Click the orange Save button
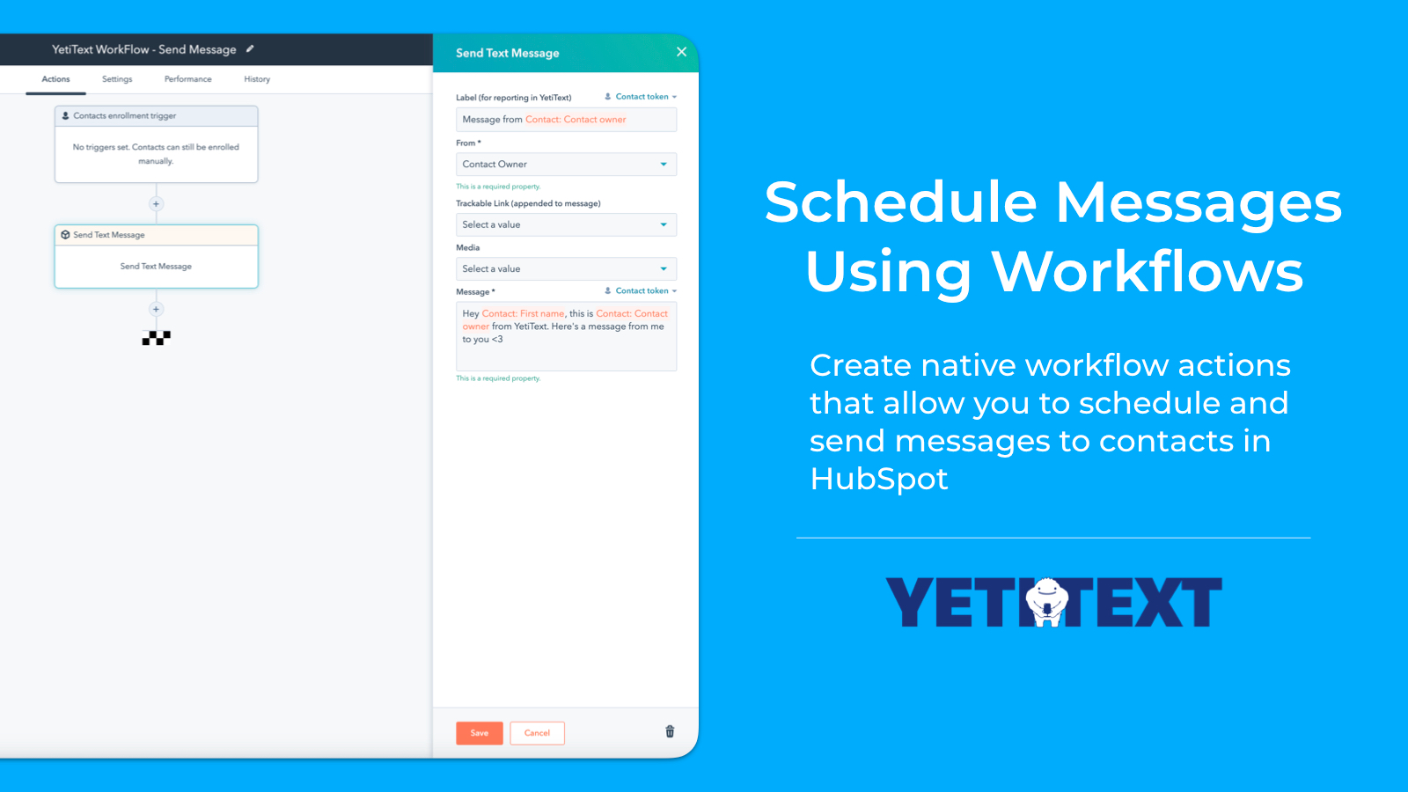coord(479,733)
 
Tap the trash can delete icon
coord(670,731)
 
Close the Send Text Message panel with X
coord(681,52)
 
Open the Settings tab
coord(117,79)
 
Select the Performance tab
coord(187,79)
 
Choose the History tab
coord(257,79)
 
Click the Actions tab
coord(55,79)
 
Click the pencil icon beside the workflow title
coord(250,49)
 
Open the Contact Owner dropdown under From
coord(566,165)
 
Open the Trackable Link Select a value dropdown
coord(566,225)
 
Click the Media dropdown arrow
coord(664,269)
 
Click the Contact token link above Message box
coord(642,291)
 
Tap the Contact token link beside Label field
coord(642,97)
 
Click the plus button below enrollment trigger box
coord(156,204)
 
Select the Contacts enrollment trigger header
coord(156,116)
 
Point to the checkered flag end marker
coord(156,338)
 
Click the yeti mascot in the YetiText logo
coord(1047,602)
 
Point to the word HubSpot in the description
coord(878,479)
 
